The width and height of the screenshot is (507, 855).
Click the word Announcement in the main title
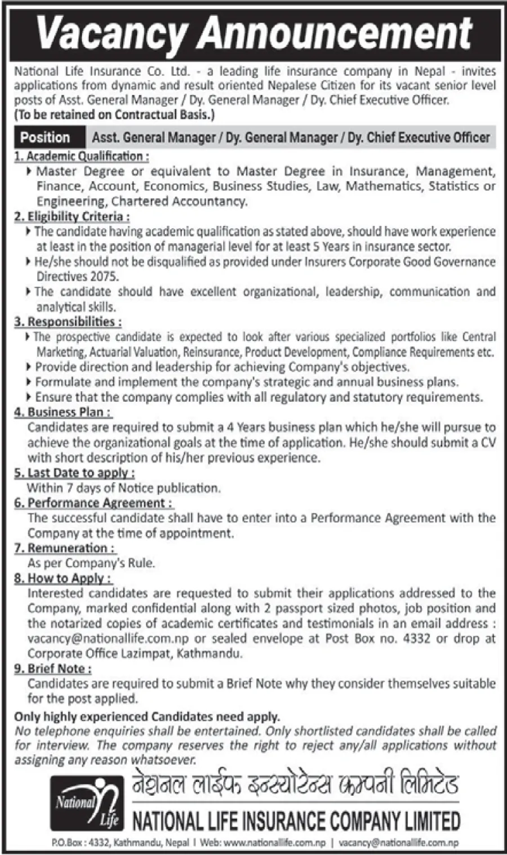point(335,33)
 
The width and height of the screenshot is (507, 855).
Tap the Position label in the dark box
point(45,137)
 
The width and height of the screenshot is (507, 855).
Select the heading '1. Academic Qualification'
point(82,156)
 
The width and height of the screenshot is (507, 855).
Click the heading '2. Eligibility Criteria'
point(72,216)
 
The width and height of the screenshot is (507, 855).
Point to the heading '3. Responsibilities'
point(68,322)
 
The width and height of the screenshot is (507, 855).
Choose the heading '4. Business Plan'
point(63,412)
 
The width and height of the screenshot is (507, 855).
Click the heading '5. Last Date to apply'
point(74,473)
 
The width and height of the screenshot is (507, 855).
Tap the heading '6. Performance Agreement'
point(94,503)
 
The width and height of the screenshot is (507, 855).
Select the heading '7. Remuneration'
point(65,548)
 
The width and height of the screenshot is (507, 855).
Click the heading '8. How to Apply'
point(63,578)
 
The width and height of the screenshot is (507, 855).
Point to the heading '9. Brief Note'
point(53,669)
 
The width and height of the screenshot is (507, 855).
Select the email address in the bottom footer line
point(399,843)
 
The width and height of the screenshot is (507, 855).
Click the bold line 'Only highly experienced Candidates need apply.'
point(147,717)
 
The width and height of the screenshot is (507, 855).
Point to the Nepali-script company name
point(295,785)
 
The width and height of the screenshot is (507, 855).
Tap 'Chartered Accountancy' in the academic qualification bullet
point(179,201)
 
